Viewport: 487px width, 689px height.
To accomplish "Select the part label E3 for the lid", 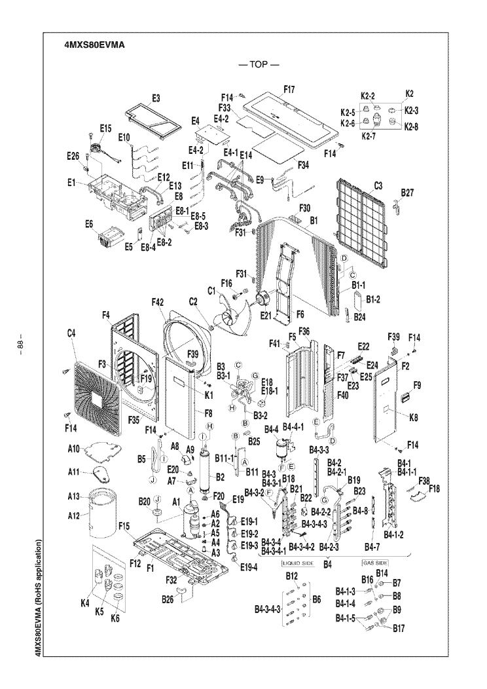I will point(156,98).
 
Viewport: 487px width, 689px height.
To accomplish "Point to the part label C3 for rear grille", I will point(378,186).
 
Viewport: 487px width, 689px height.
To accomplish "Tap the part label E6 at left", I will point(89,223).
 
